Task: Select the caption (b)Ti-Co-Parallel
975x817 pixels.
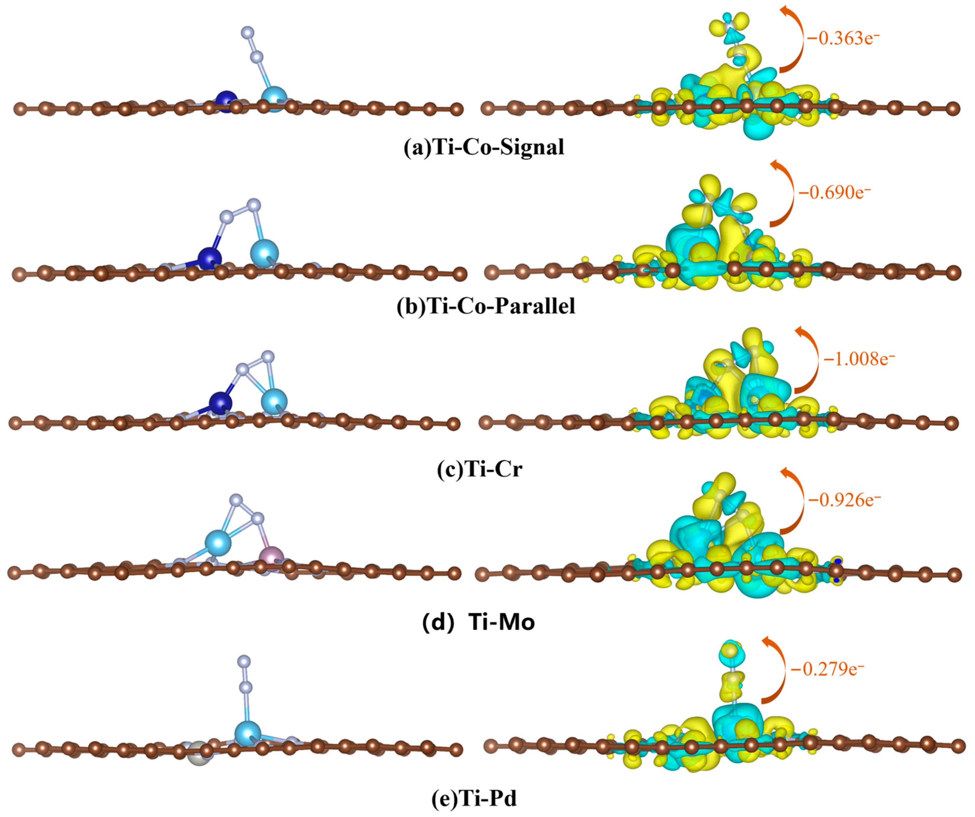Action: pos(486,306)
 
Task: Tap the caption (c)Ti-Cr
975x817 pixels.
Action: pos(479,469)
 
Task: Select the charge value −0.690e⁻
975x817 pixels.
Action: pos(834,192)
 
